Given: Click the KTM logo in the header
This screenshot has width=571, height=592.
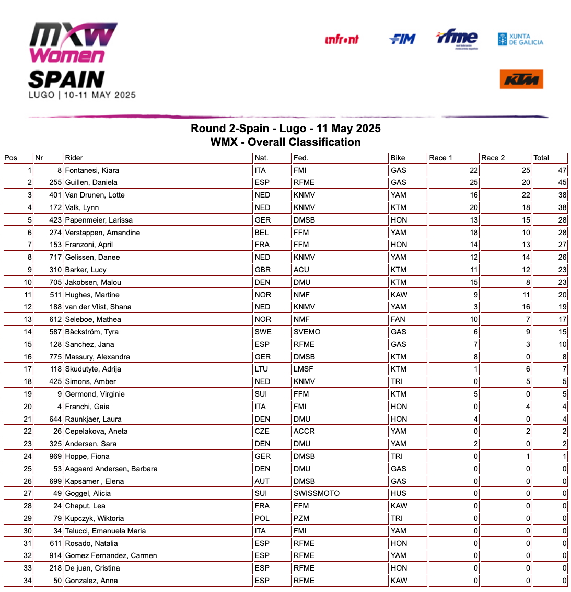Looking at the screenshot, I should pos(521,79).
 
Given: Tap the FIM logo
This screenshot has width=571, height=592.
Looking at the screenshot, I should pos(402,39).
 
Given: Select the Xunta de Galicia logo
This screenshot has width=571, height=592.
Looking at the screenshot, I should pos(520,39).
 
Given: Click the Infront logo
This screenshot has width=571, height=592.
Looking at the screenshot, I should pos(342,40).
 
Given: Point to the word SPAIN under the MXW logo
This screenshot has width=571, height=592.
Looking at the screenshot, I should pos(66,79).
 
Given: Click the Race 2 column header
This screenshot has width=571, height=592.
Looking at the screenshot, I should pos(493,158).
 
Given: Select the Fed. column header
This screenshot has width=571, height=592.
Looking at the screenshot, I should pos(301,158).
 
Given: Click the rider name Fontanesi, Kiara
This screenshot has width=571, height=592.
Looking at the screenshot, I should pos(92,170).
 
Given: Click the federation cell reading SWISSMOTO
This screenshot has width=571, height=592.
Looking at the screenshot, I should pos(317,493).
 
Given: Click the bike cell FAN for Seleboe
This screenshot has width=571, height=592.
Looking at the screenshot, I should pos(398,319).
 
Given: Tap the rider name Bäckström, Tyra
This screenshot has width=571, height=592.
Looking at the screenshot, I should pos(92,332).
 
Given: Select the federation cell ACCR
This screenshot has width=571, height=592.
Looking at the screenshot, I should pos(304,431).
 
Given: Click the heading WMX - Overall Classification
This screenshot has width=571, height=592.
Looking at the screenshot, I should pos(285,142).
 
